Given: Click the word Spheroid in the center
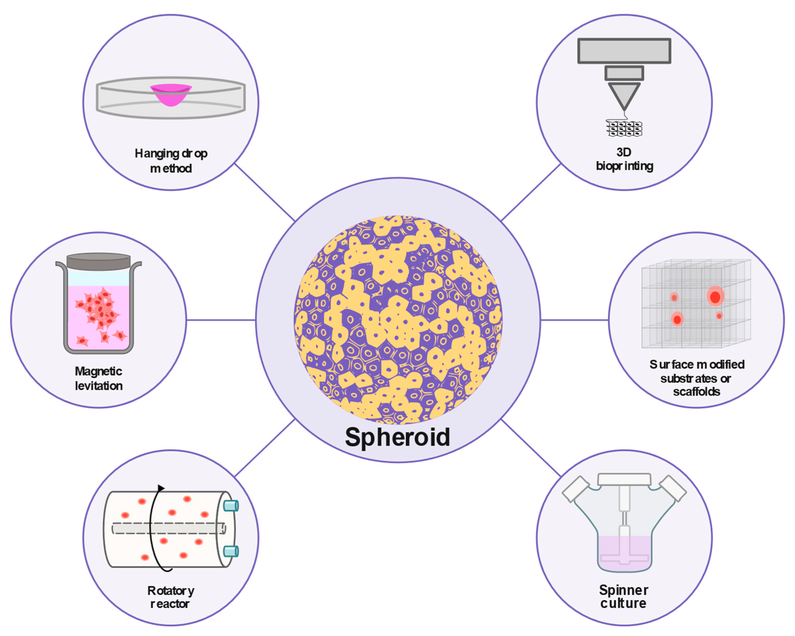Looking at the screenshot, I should tap(397, 437).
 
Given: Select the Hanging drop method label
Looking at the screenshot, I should tap(171, 161).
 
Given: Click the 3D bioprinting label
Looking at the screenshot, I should tap(624, 159).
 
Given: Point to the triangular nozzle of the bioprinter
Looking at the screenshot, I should tap(624, 94).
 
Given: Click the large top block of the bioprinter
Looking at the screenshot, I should tap(624, 51).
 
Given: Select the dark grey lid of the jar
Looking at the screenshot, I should tap(99, 261).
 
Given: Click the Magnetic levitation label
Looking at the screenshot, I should tap(99, 378).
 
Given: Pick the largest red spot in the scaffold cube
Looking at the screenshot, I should tap(715, 296).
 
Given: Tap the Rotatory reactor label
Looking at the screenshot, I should tap(170, 597).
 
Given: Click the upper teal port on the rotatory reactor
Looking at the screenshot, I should tap(231, 505).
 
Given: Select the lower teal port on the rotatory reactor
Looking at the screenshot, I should tap(231, 552).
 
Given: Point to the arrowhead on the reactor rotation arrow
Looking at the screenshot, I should tap(161, 488).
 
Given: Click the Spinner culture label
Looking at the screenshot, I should tap(623, 597).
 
